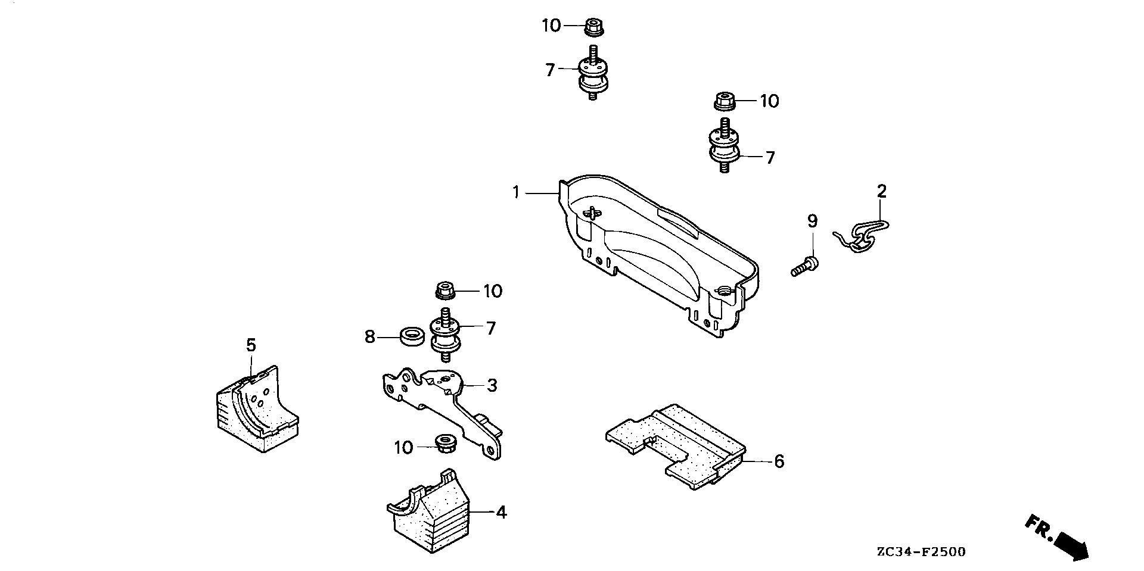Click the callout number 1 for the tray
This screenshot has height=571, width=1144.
click(x=516, y=192)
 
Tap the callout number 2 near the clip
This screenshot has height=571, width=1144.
click(x=882, y=191)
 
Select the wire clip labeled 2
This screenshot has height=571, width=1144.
click(x=862, y=235)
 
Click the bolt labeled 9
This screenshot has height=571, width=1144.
click(x=804, y=265)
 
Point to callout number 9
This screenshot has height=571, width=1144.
click(x=812, y=221)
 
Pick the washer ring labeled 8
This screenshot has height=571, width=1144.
click(x=411, y=336)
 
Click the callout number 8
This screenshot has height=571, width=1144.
click(x=370, y=337)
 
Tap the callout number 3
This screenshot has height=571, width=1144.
click(x=492, y=385)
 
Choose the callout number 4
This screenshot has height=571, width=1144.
click(x=502, y=512)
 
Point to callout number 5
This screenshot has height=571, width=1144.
click(x=251, y=345)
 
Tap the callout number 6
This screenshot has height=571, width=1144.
click(x=779, y=461)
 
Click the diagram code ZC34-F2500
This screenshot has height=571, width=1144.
click(x=921, y=552)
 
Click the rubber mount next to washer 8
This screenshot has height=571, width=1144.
click(x=446, y=335)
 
